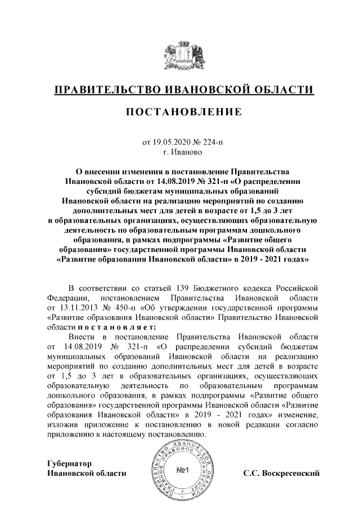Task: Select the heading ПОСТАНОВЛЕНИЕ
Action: [x=180, y=112]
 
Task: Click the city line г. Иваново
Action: [x=180, y=152]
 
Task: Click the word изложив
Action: [x=63, y=425]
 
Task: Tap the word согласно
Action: [x=304, y=425]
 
